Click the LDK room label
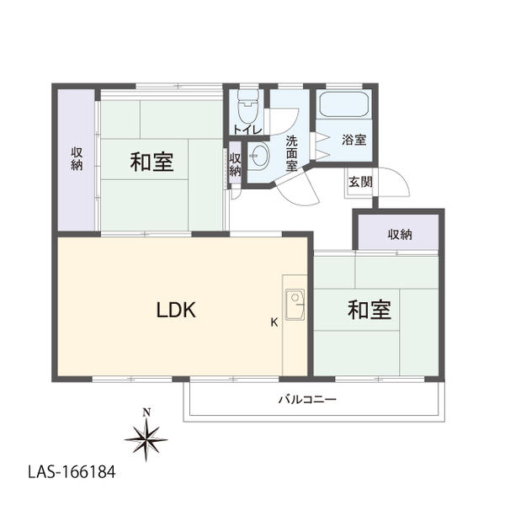176,310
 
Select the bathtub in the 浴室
343,104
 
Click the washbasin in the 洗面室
259,156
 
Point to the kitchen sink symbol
295,305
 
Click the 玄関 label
360,182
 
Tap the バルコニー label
307,400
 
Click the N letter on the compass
146,412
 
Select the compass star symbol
146,439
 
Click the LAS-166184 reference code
72,472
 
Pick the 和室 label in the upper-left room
152,162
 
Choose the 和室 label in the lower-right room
369,310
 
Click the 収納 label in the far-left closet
77,159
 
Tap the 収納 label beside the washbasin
235,165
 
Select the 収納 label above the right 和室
400,235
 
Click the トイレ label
247,130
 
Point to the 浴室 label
354,140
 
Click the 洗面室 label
292,153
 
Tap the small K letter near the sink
274,322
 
